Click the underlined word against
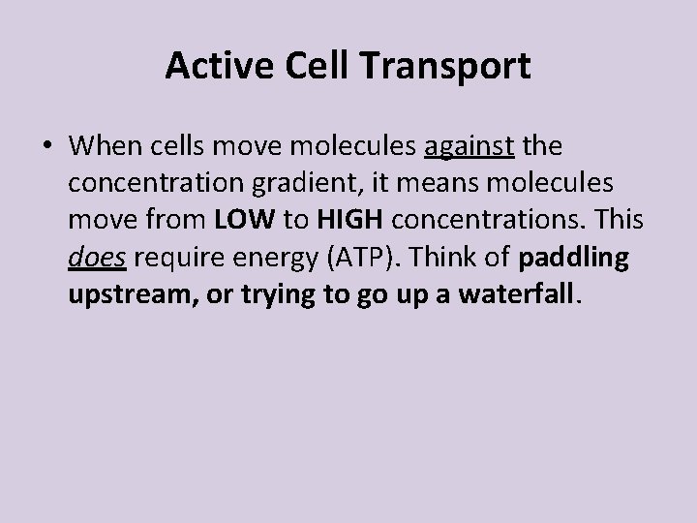coord(470,148)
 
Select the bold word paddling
coord(574,259)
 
